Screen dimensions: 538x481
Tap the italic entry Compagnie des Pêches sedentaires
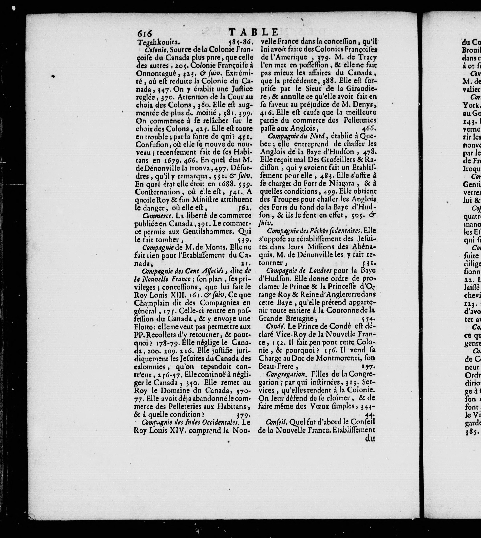coord(314,230)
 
